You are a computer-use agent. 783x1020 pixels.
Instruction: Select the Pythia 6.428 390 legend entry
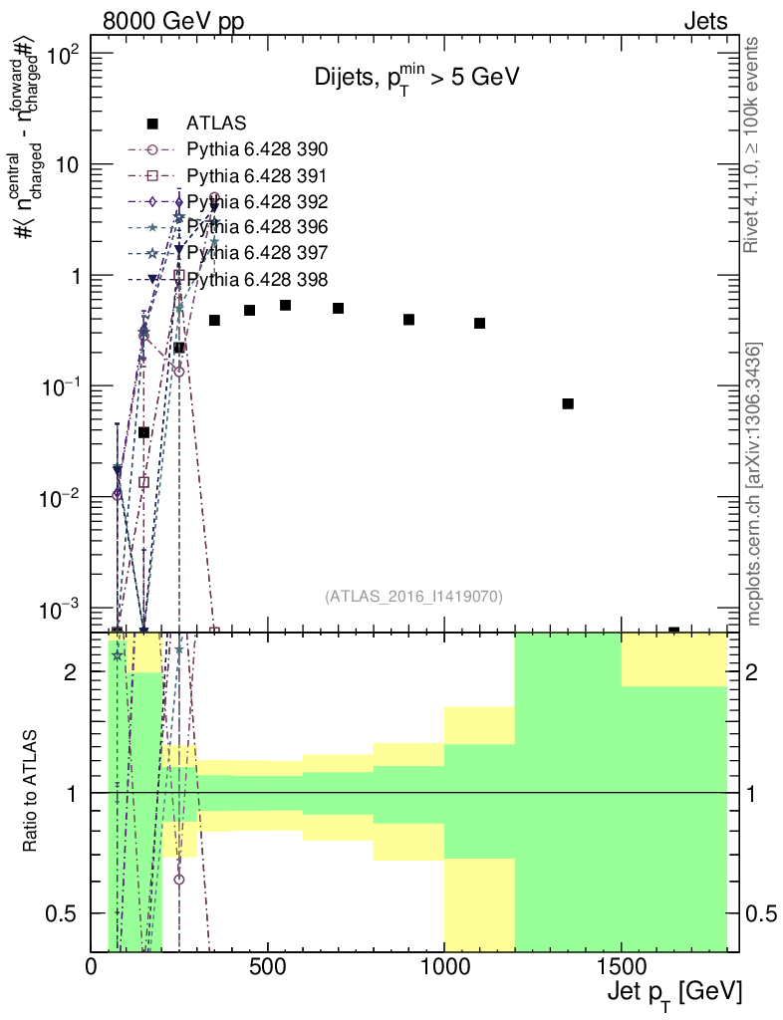click(257, 149)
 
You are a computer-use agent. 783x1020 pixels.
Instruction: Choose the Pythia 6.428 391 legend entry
click(257, 175)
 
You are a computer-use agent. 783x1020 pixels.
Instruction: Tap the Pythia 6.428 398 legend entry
click(257, 278)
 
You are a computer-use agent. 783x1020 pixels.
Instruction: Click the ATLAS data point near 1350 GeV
click(568, 403)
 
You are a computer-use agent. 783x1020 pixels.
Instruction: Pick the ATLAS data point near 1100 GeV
click(479, 323)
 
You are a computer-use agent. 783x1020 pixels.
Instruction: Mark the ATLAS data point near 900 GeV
click(408, 319)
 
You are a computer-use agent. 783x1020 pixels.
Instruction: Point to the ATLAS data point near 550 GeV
click(285, 305)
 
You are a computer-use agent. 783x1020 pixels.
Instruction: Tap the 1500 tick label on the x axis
click(621, 965)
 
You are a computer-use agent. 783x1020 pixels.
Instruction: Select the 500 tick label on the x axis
click(268, 965)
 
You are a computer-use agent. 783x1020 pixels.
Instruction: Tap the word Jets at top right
click(705, 21)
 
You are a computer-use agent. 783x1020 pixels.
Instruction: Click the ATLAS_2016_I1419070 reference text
click(412, 597)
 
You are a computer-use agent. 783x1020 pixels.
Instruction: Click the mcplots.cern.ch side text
click(754, 484)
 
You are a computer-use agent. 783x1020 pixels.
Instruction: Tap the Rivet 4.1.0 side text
click(754, 145)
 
